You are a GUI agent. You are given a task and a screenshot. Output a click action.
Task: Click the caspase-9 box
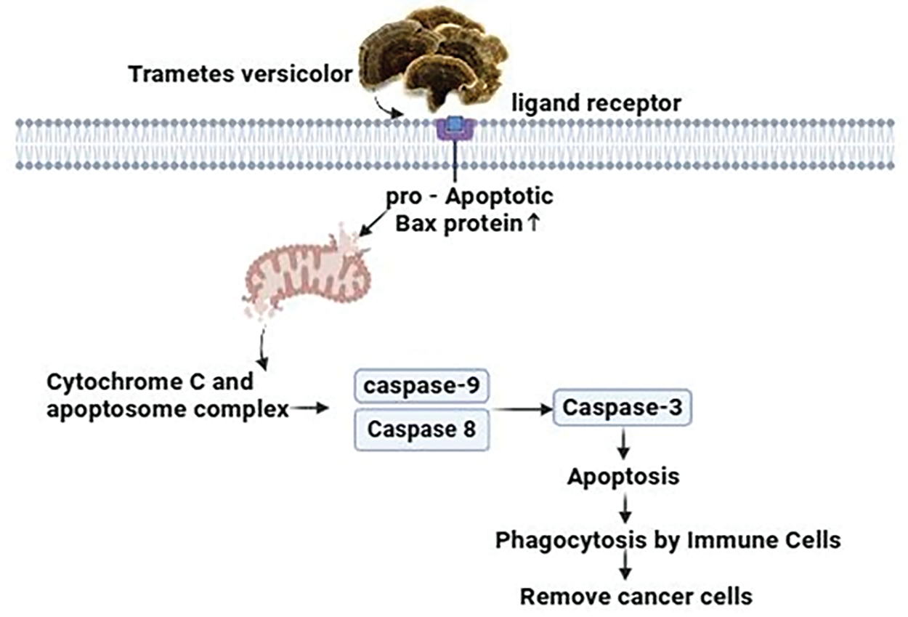click(421, 386)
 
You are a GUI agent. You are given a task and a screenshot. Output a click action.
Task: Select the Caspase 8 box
click(421, 430)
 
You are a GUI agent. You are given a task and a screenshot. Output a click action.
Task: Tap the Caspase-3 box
click(623, 407)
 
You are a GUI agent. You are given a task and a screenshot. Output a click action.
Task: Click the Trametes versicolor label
click(240, 74)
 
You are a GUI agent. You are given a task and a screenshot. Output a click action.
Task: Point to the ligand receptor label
click(596, 104)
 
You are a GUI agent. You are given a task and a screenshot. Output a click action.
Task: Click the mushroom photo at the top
click(434, 59)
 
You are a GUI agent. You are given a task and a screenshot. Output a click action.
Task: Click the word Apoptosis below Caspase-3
click(623, 476)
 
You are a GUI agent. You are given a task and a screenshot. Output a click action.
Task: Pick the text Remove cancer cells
click(636, 597)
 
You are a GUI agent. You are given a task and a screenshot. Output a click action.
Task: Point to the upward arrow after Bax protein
click(534, 223)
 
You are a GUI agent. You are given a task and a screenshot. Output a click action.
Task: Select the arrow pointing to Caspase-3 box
click(522, 409)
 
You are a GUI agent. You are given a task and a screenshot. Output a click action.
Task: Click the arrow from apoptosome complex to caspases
click(309, 408)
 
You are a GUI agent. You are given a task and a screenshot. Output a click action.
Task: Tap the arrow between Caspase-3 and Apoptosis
click(623, 444)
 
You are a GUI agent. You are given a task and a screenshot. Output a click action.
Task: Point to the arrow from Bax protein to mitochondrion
click(373, 222)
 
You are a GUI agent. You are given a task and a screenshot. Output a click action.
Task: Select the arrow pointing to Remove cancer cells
click(625, 565)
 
